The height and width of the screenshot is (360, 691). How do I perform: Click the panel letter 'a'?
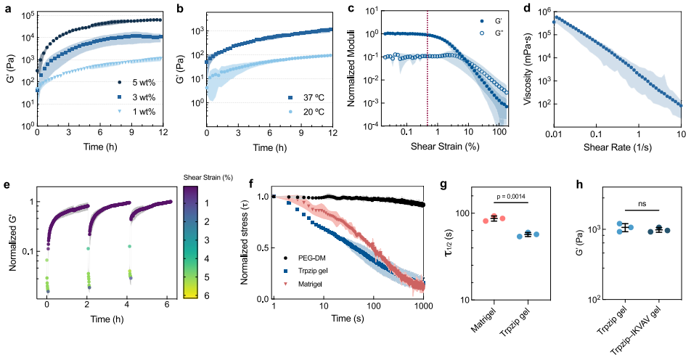(5, 8)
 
